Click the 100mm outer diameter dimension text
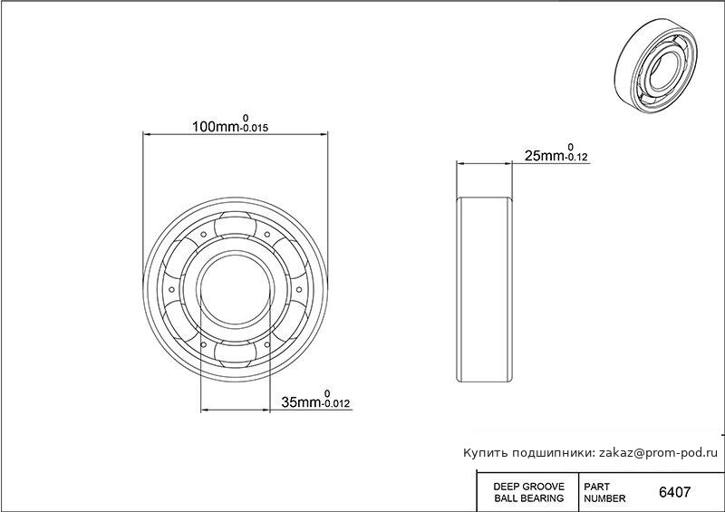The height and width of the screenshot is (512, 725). coord(216,127)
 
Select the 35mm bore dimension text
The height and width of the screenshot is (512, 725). coord(302,402)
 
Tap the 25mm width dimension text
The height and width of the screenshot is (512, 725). coord(545,156)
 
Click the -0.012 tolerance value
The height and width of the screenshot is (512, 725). coord(336,404)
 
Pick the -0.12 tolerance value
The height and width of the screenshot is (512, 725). coord(576,158)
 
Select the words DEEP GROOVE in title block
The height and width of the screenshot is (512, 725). coord(529,487)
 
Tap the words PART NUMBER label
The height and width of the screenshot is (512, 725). coord(604,493)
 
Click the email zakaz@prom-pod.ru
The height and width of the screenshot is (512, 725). coord(659,453)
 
